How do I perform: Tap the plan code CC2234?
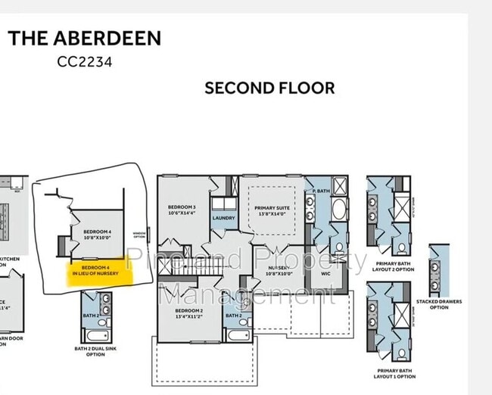tap(85, 62)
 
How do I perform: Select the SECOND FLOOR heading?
tap(269, 88)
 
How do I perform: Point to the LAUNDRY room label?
tap(224, 218)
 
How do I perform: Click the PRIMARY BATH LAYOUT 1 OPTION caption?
tap(394, 374)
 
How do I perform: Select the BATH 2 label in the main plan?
tap(234, 315)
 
